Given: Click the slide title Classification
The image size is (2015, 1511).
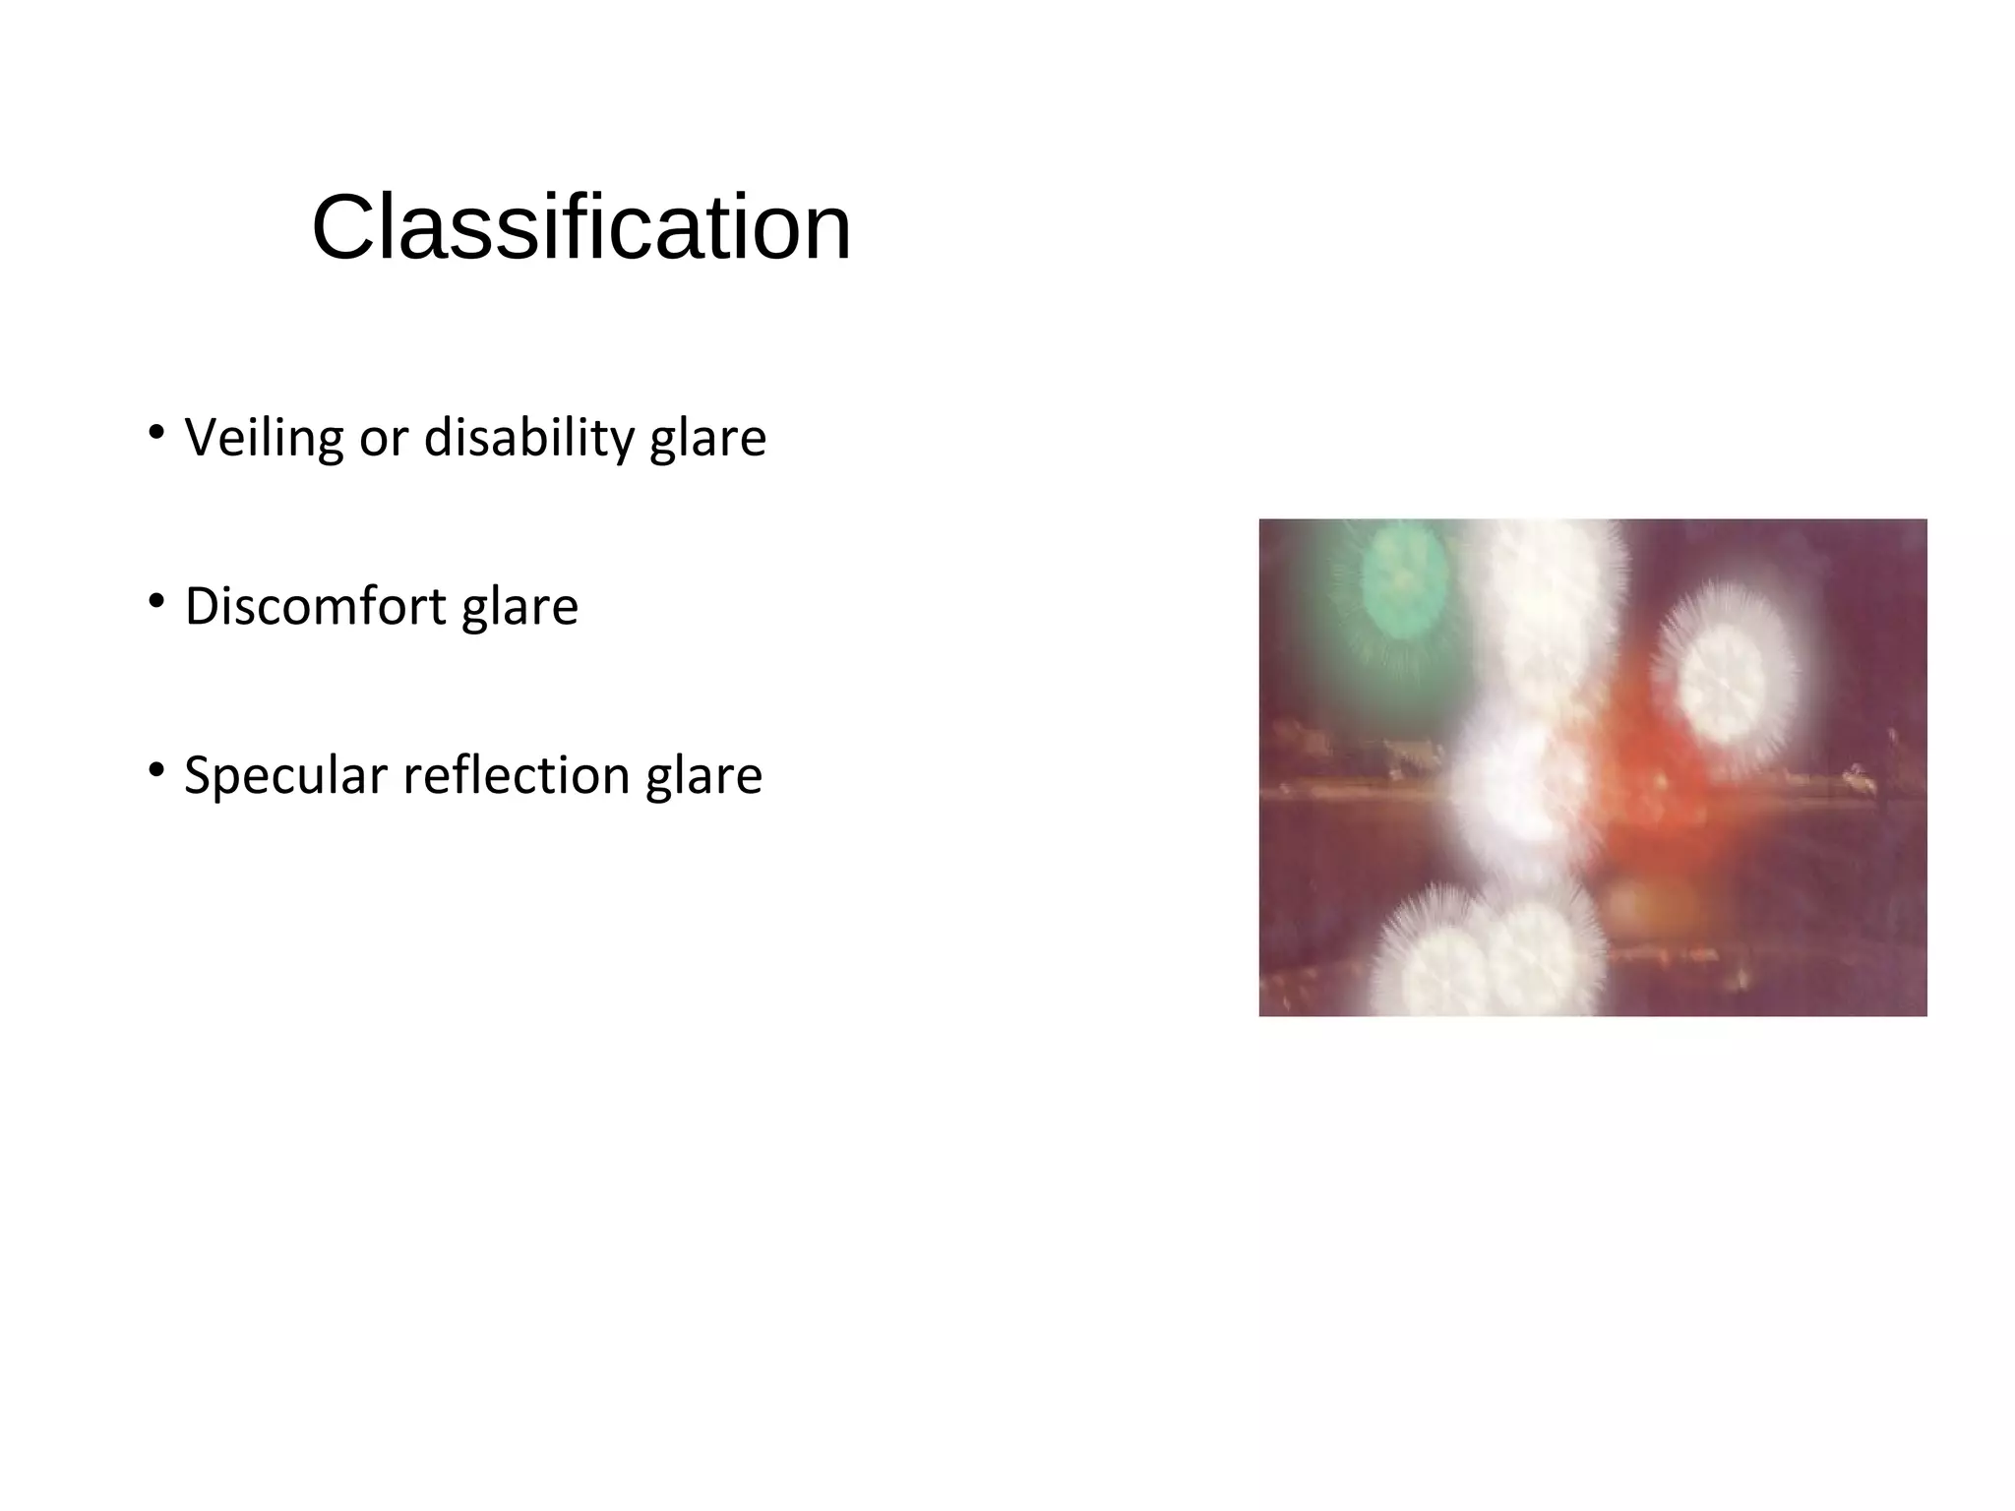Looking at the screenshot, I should coord(580,228).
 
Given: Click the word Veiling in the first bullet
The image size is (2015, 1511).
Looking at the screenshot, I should coord(264,438).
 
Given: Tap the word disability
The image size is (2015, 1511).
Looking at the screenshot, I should coord(528,438).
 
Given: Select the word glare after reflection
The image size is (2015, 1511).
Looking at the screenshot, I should coord(703,776).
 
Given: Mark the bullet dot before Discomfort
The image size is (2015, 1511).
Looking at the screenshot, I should coord(155,599).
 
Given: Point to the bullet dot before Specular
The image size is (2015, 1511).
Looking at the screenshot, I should coord(155,768).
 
